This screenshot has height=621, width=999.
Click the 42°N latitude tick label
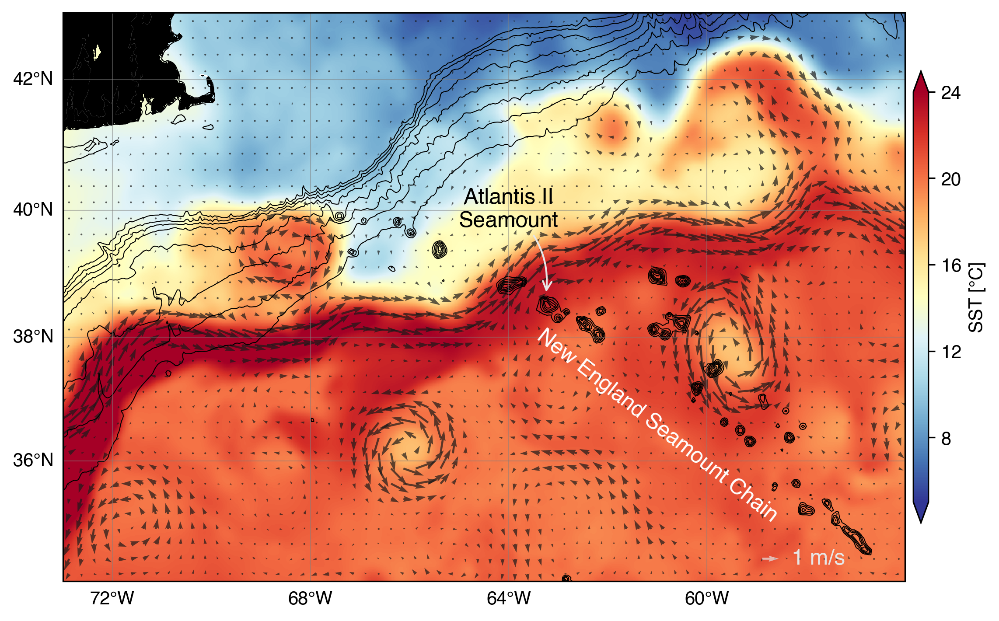[x=33, y=79]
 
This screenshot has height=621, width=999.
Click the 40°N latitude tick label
[x=33, y=210]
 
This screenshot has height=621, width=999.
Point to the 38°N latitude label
[x=33, y=337]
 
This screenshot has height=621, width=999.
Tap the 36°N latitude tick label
[x=33, y=461]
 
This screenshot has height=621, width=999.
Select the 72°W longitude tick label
[x=112, y=598]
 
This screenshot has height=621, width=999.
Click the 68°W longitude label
[x=310, y=598]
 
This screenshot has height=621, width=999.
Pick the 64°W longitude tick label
[x=509, y=598]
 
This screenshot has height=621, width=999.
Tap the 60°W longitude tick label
[x=707, y=598]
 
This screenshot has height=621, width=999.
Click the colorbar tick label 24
[x=951, y=93]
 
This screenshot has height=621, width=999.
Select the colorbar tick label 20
[x=951, y=179]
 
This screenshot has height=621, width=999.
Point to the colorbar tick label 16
[x=951, y=265]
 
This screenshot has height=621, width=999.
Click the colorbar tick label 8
[x=946, y=439]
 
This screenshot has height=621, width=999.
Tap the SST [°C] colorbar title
[x=976, y=297]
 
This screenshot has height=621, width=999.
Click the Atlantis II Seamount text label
[x=508, y=208]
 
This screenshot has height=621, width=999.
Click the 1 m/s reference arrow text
[x=818, y=558]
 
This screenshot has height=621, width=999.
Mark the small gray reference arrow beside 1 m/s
[x=770, y=558]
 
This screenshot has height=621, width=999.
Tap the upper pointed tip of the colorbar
[x=921, y=73]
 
